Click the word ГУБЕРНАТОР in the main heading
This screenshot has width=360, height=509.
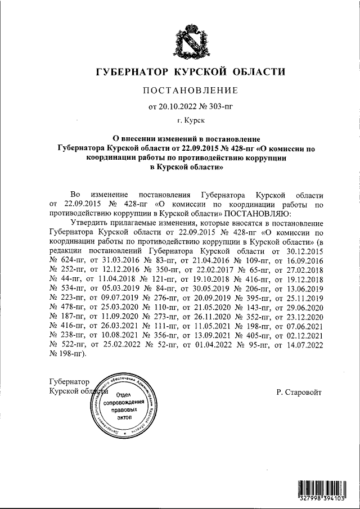click(132, 72)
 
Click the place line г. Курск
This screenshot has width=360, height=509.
click(191, 120)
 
